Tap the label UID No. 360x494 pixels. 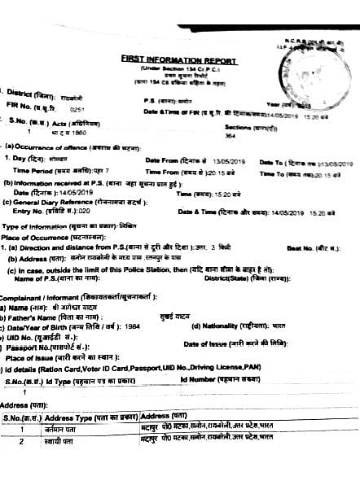36,336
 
